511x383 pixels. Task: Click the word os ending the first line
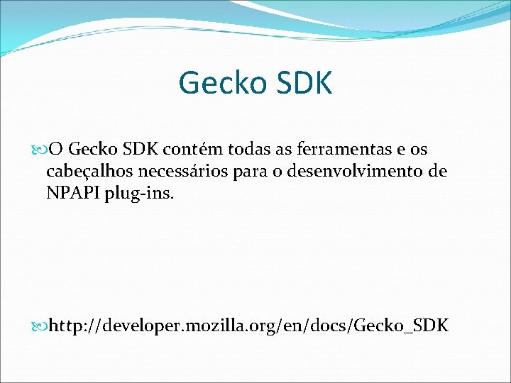pyautogui.click(x=419, y=150)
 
